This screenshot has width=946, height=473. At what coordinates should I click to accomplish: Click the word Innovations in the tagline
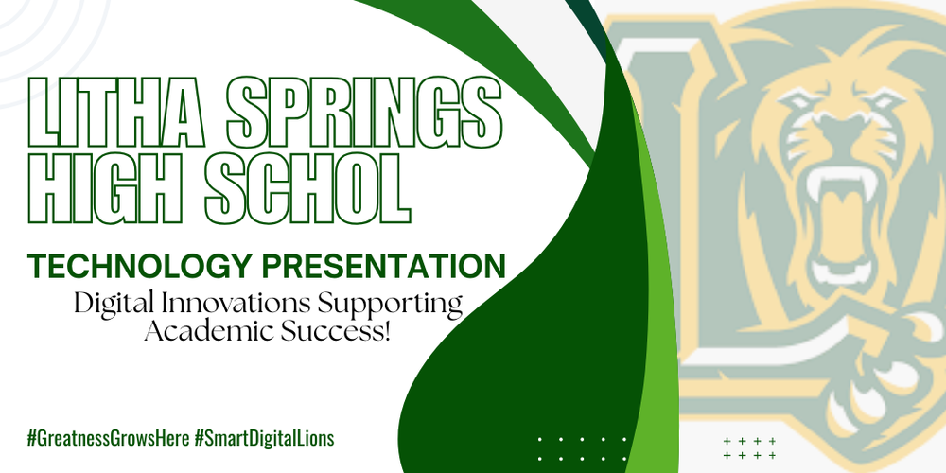(245, 305)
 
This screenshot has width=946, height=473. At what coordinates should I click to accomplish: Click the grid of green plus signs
(749, 447)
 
